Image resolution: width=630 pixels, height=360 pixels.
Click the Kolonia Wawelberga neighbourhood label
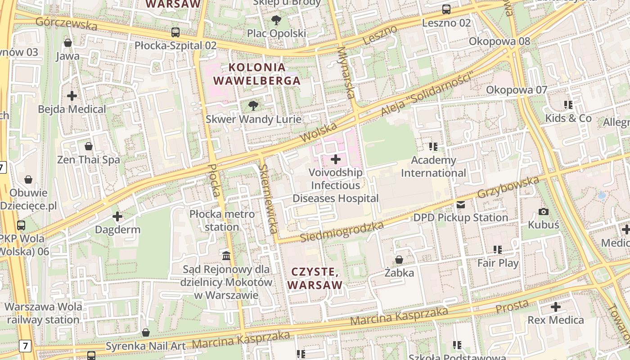(x=257, y=74)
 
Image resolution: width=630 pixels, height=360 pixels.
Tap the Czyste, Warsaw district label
(x=315, y=278)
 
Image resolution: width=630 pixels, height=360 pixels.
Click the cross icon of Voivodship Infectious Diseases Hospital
(x=336, y=159)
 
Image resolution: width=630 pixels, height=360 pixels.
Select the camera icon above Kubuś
(x=543, y=211)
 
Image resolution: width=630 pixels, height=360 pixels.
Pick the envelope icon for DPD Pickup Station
(x=461, y=205)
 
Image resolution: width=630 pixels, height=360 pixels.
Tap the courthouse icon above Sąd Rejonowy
(x=226, y=256)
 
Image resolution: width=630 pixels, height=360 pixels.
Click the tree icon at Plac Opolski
(x=276, y=20)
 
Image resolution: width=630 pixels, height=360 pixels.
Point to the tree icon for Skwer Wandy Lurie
(x=253, y=106)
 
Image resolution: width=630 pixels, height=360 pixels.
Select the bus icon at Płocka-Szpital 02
(x=175, y=32)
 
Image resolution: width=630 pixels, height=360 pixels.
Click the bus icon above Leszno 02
(x=446, y=9)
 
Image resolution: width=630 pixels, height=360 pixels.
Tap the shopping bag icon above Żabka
(x=399, y=260)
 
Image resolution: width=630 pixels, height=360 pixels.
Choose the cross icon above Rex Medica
(x=556, y=307)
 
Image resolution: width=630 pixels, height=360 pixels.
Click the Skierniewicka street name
(x=267, y=198)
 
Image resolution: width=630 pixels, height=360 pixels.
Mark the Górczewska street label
(x=66, y=23)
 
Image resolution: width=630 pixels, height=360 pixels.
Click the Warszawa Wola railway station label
(x=43, y=314)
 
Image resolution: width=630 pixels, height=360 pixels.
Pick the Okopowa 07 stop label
(x=517, y=90)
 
